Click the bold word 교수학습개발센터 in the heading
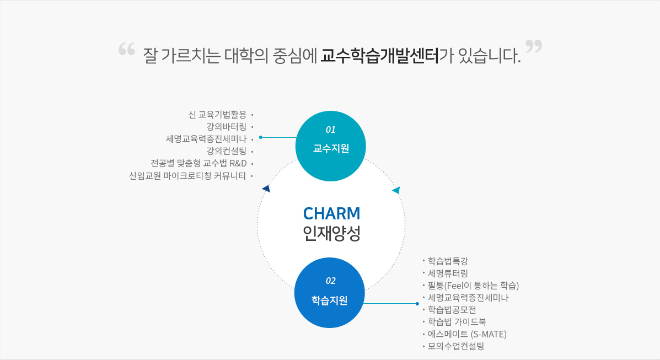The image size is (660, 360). tap(380, 56)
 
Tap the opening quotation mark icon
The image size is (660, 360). tap(127, 49)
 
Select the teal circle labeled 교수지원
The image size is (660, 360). tap(331, 146)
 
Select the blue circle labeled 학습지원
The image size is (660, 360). tap(330, 293)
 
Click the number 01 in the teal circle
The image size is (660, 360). tap(331, 130)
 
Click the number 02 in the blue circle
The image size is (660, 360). tap(331, 281)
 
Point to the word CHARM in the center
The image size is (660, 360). tap(331, 213)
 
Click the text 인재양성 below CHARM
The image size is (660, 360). tap(331, 234)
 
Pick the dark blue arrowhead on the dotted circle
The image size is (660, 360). tap(266, 189)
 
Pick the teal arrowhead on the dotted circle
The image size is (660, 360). tap(396, 190)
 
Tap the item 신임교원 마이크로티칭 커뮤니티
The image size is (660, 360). tap(187, 176)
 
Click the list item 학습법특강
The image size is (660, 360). tap(448, 261)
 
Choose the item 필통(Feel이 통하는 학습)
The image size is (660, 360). tap(473, 286)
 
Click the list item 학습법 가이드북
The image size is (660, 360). tap(457, 322)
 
